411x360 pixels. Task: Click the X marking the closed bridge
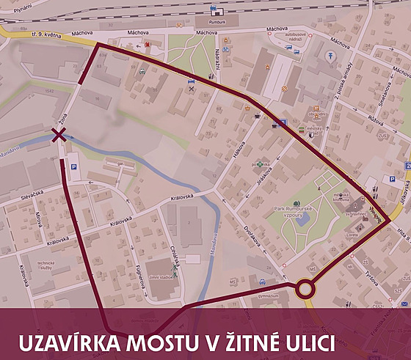58,134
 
